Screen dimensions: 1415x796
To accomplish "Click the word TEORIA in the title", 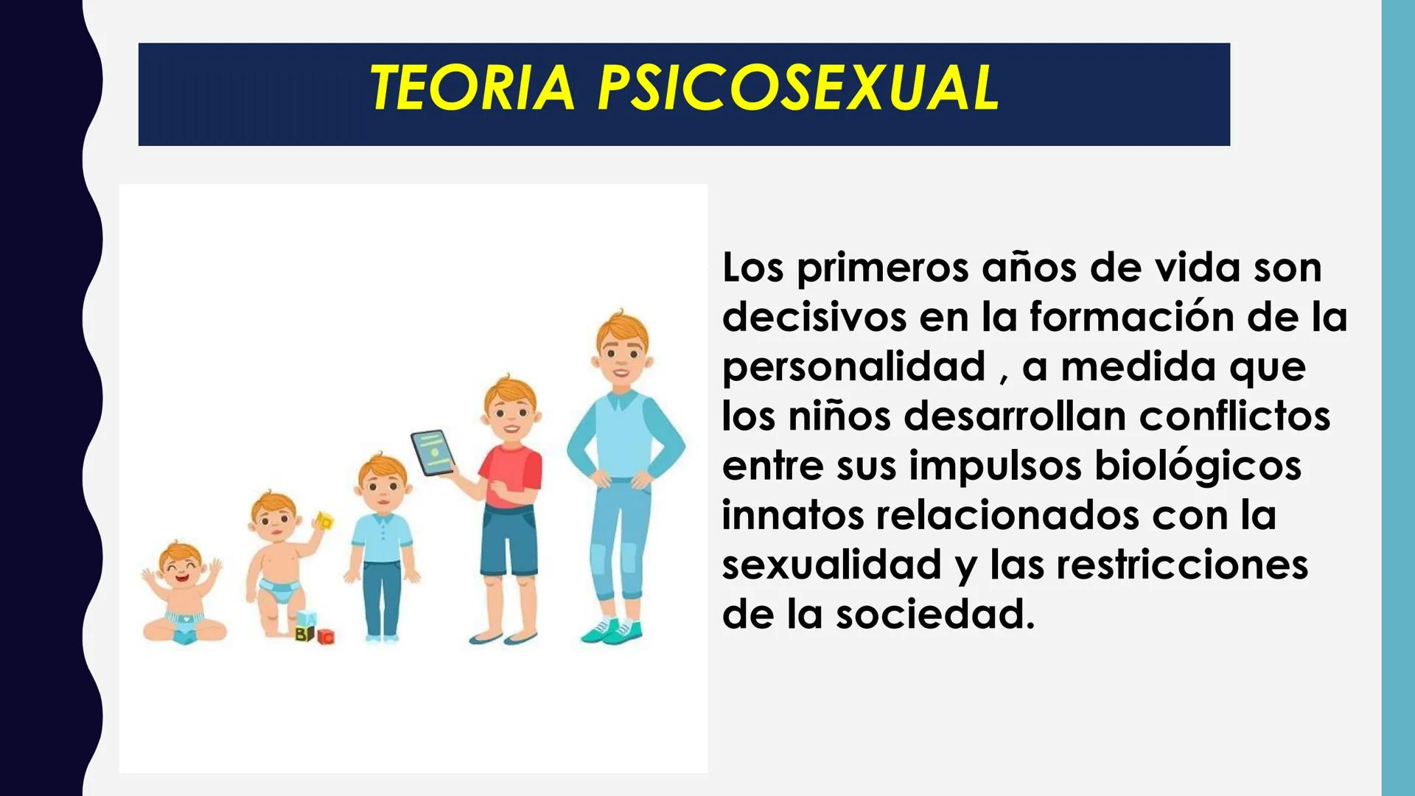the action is pos(472,88).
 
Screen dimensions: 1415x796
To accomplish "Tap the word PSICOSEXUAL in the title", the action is pos(799,88).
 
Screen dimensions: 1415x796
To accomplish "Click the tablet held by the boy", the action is pos(432,452).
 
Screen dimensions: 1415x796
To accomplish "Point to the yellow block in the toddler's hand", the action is pos(324,521).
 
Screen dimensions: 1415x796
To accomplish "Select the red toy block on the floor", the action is pos(326,636).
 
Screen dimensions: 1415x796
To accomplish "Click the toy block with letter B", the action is pos(304,633).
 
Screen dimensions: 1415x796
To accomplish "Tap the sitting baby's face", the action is pos(181,568).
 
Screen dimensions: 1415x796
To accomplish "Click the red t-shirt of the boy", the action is pos(511,475).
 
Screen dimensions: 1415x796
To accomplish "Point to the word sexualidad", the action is pos(832,565).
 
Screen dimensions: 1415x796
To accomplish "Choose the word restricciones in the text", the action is pos(1182,565).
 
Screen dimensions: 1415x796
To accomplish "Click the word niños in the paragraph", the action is pos(840,416).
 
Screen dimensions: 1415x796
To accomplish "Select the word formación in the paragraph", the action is pos(1132,318).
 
